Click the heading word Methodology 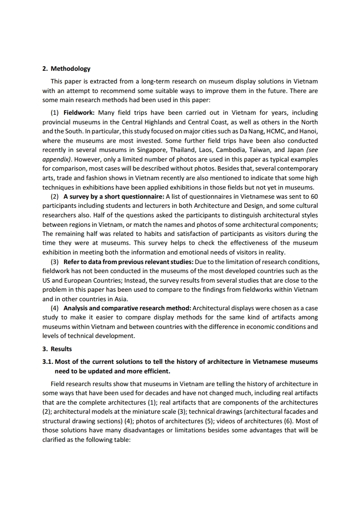tap(70, 69)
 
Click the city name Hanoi tap(309, 131)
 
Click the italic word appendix tap(55, 160)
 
